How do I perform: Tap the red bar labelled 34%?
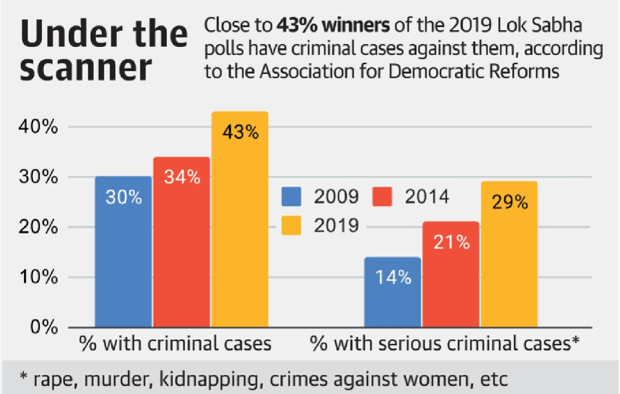[x=182, y=242]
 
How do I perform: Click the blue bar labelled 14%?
[x=393, y=292]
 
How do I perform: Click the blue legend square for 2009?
[x=293, y=197]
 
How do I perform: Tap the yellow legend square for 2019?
[x=293, y=225]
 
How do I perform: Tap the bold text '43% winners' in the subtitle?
[x=320, y=28]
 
